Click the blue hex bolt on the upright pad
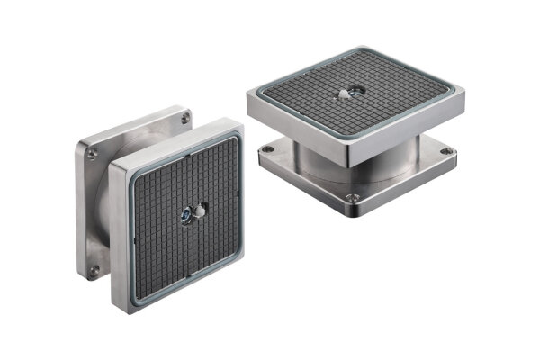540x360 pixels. [185, 216]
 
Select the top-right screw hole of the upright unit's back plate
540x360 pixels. [184, 118]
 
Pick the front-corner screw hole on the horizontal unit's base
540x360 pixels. [355, 197]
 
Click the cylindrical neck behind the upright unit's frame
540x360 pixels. [106, 207]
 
